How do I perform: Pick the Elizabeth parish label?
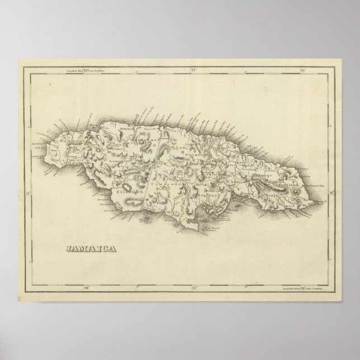130,191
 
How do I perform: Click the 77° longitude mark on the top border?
193,71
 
